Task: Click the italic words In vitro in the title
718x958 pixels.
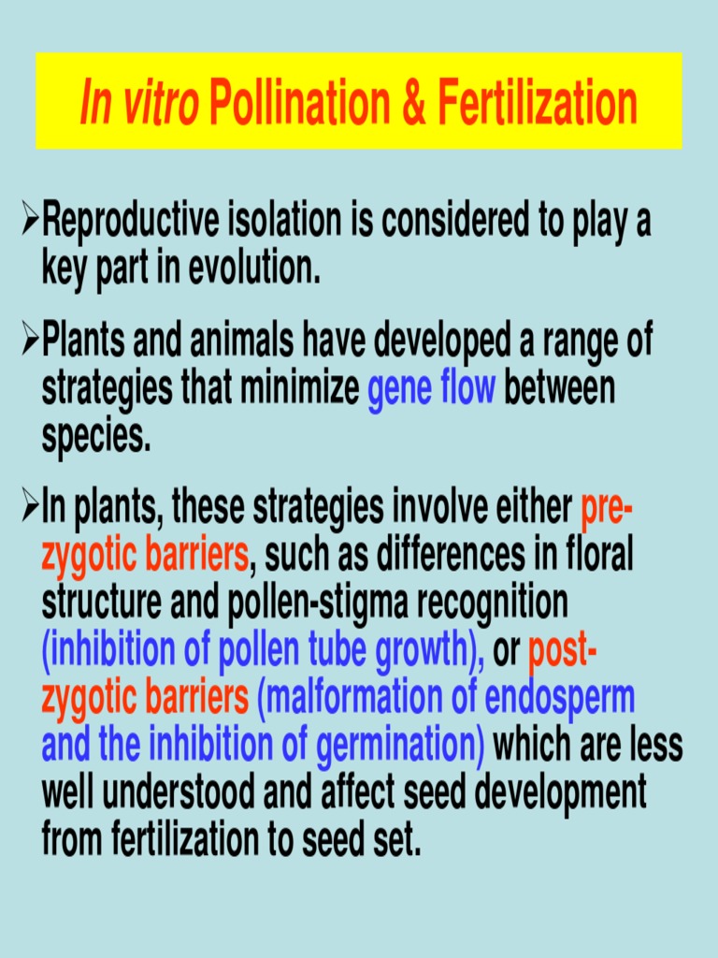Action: [x=139, y=103]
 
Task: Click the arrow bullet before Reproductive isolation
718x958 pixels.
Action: [x=30, y=223]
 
